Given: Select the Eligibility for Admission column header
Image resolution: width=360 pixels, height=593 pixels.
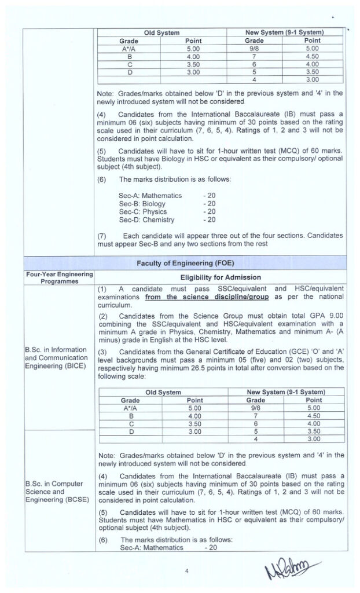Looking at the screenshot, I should pos(220,277).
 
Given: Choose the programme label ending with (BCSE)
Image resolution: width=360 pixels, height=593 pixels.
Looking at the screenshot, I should pos(56,492).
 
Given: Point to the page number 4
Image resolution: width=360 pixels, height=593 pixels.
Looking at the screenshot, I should pos(187,571).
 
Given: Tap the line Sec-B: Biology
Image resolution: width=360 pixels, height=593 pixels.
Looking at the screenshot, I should pos(142,204).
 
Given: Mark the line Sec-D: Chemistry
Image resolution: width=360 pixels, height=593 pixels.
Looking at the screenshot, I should pos(146,220).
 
